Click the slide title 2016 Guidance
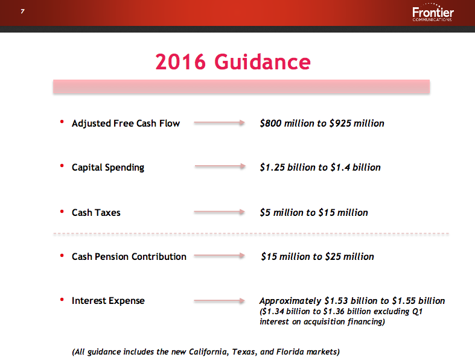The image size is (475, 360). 233,62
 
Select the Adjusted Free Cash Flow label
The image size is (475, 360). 126,123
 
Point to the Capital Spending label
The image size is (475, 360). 108,167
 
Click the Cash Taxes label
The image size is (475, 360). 96,212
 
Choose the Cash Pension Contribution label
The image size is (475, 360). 129,256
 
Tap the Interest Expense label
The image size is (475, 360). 108,300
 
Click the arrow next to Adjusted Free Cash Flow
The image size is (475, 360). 218,123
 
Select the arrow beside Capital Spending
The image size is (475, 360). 218,167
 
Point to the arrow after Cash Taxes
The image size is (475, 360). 218,212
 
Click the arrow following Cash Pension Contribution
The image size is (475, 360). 218,256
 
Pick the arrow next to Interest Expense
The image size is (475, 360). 218,300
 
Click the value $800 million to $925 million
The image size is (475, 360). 322,123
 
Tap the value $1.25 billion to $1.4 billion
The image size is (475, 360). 320,167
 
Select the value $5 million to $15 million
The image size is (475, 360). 313,212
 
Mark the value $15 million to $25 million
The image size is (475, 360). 317,256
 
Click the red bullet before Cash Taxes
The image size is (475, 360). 62,212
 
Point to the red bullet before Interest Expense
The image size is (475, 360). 62,300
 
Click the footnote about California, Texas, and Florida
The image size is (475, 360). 206,351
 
